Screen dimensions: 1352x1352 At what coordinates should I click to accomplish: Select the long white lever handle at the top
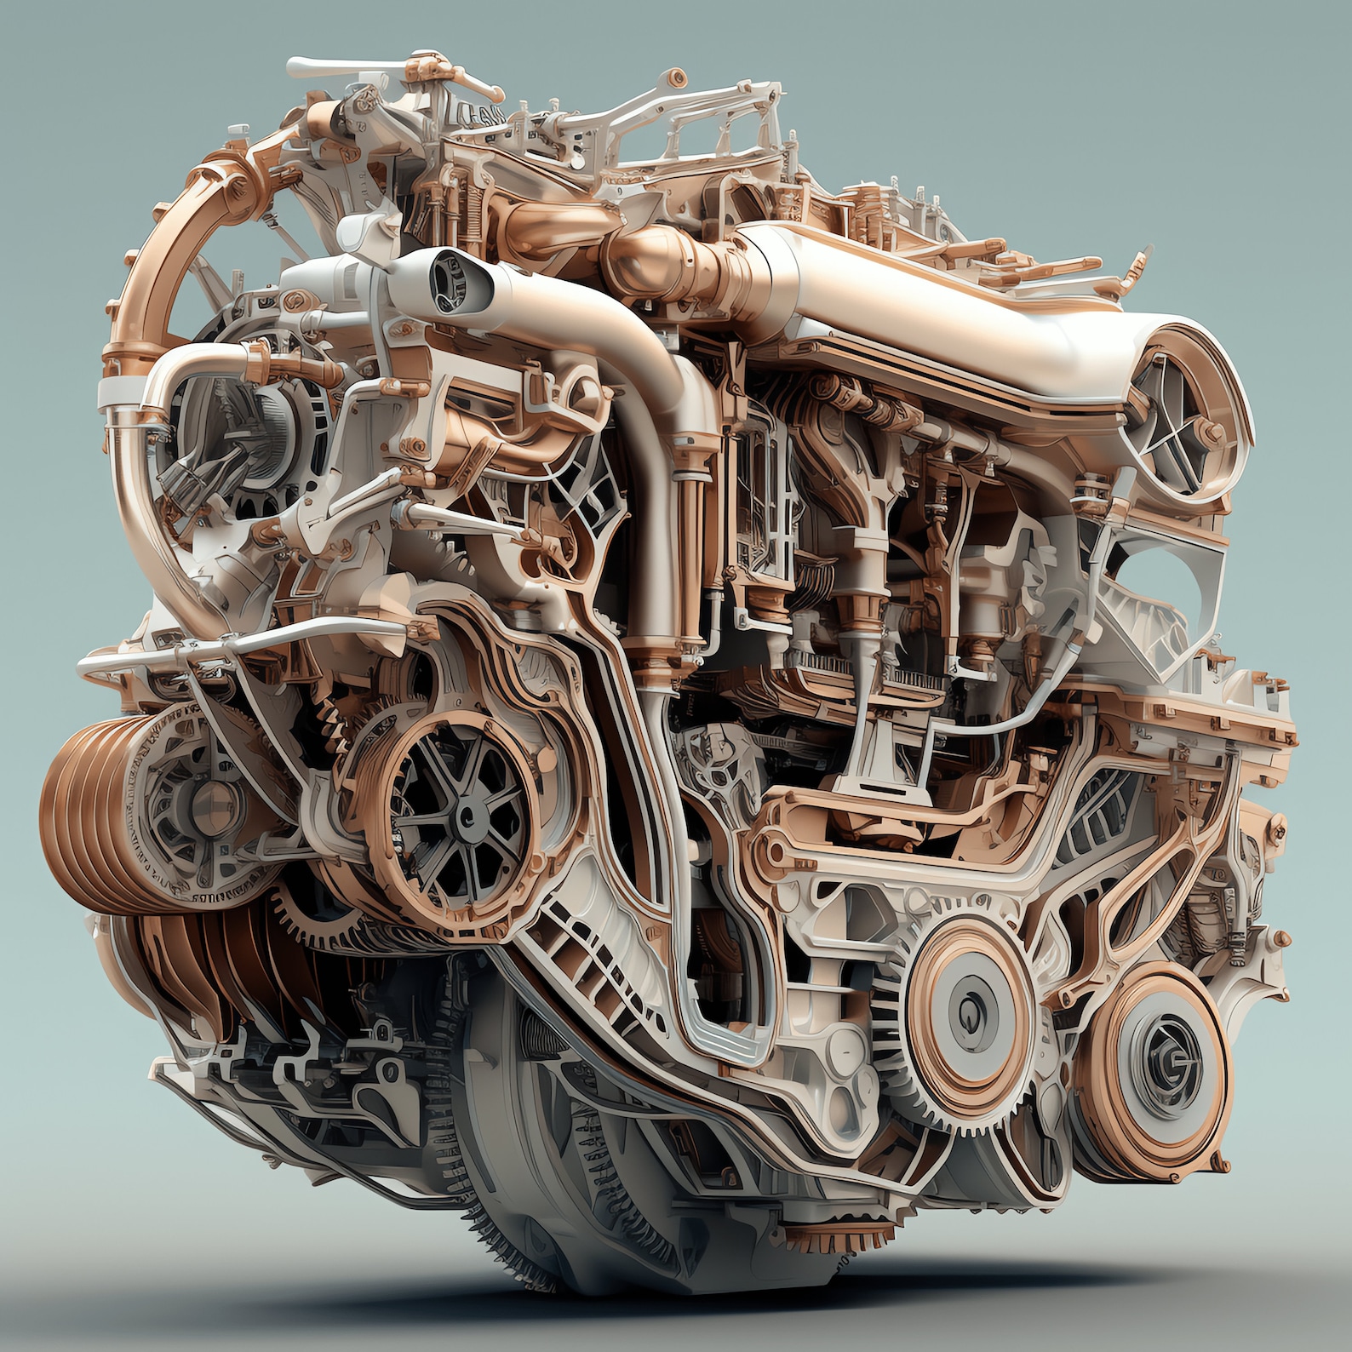341,68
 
